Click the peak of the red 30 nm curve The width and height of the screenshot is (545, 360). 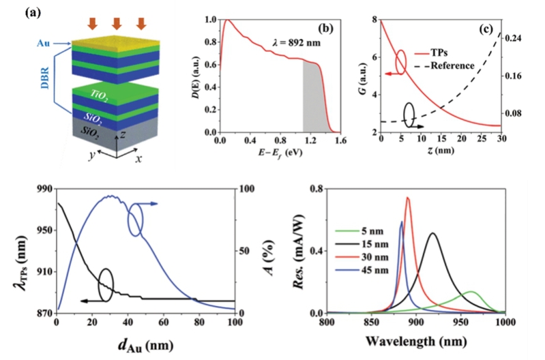[407, 198]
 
